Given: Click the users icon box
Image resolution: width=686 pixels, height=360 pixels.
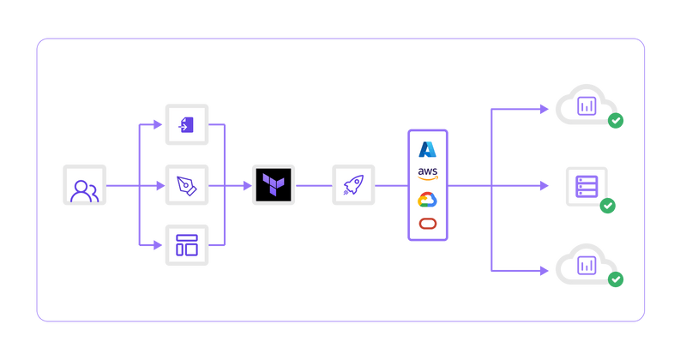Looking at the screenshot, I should coord(84,185).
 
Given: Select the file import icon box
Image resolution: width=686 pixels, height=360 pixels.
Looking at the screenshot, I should coord(186,125).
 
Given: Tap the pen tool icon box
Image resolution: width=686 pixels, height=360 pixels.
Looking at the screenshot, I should coord(186,185).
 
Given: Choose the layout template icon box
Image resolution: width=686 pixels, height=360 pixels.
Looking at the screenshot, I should coord(186,246).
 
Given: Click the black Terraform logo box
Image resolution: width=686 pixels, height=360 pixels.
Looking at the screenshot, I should coord(274,185).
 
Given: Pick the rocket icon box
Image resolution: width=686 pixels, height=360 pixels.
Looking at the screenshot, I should coord(353,185).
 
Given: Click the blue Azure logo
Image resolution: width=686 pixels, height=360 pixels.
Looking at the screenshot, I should coord(427,149).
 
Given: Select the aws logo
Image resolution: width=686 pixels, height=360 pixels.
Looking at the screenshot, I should coord(427,174).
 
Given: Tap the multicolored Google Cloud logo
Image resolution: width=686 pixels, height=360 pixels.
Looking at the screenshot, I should coord(427,200).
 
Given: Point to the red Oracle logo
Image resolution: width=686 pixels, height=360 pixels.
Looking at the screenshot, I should coord(427,224).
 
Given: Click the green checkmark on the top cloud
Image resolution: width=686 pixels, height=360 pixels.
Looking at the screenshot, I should coord(616,122).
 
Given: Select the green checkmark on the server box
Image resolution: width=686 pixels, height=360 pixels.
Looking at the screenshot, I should coord(608,206).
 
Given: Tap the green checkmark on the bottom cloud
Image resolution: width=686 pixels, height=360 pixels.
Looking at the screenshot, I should coord(616,279).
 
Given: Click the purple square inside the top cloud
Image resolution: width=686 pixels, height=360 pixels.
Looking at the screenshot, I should coord(587,106).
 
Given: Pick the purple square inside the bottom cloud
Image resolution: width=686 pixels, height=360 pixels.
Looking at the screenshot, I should coord(587,264).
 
